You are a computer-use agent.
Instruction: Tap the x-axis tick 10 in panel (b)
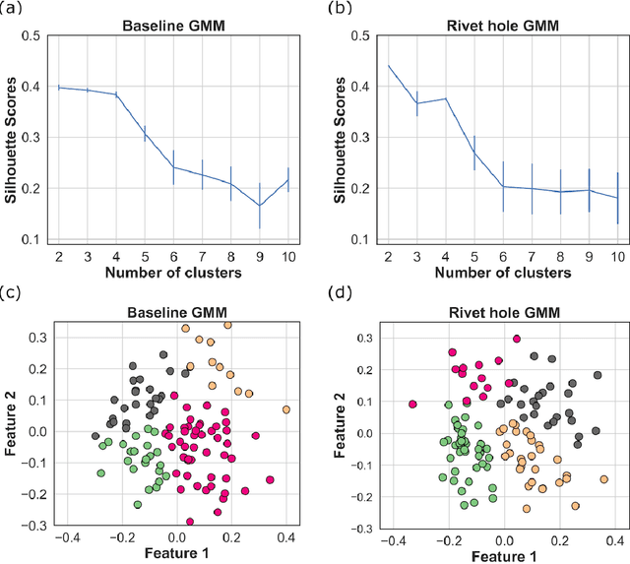pyautogui.click(x=618, y=255)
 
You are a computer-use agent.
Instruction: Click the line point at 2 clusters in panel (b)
pyautogui.click(x=389, y=66)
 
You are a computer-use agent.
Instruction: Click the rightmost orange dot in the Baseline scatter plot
pyautogui.click(x=286, y=409)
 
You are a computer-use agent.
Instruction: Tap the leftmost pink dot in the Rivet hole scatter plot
pyautogui.click(x=413, y=404)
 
